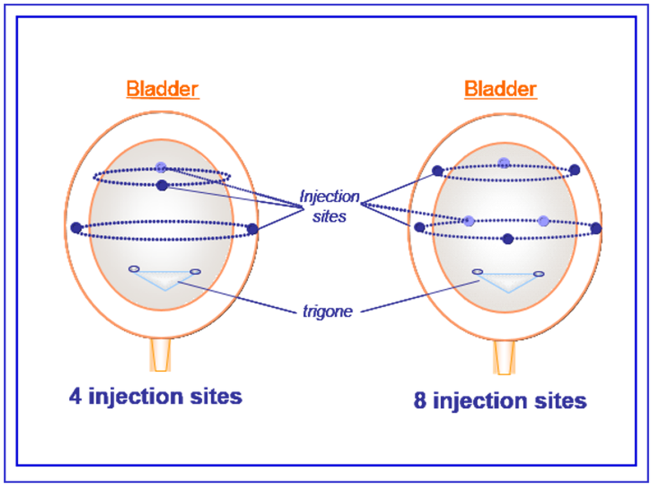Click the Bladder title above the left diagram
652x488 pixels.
pos(163,88)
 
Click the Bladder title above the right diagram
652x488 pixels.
pos(500,88)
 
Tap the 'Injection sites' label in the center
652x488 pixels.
pos(329,206)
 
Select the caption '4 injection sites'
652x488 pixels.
pos(156,396)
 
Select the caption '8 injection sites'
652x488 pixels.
pos(500,401)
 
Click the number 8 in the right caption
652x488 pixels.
pos(420,401)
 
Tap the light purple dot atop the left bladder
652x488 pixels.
pos(161,168)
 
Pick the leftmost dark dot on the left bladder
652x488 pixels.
pos(76,227)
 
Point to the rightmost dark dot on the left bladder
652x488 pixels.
pos(252,228)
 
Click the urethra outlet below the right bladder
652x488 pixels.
pos(505,358)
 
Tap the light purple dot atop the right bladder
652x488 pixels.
pos(504,162)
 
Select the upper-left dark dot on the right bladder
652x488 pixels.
pos(437,171)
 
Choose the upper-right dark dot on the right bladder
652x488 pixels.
pos(574,169)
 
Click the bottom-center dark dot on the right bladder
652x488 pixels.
pos(507,239)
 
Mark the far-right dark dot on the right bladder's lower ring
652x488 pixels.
pos(596,227)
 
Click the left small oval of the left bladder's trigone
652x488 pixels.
pos(133,268)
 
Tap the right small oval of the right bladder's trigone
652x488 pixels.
pos(539,274)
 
